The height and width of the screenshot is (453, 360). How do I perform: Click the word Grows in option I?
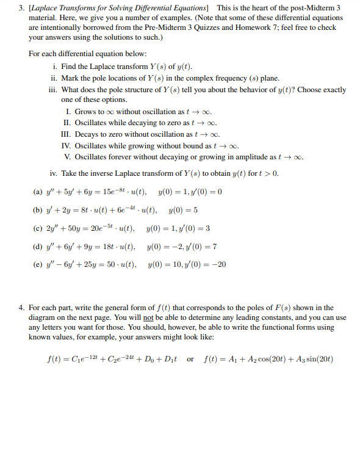click(85, 112)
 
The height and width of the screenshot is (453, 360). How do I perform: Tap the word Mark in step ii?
click(70, 78)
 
